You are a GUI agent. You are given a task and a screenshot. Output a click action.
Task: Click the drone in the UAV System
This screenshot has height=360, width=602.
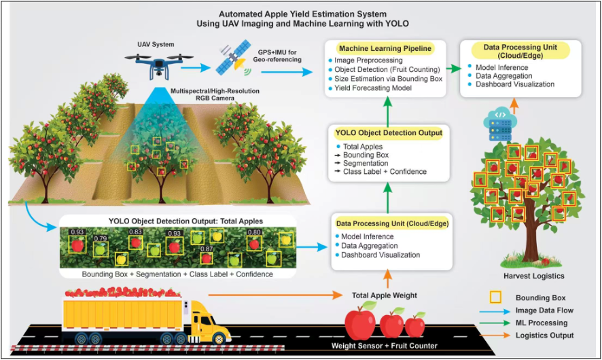coord(158,64)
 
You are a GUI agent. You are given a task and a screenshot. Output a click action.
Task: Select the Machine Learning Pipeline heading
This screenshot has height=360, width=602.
coord(385,49)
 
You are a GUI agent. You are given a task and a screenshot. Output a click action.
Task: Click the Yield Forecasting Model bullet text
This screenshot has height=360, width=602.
coord(373,88)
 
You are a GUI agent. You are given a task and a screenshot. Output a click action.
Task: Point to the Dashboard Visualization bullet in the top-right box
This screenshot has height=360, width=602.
coord(515,84)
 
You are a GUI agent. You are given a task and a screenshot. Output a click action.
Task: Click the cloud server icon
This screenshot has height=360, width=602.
coord(500,124)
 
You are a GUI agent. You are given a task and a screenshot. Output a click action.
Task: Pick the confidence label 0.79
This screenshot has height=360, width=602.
coord(101,238)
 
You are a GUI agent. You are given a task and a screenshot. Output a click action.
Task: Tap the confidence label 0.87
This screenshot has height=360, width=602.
coord(207,249)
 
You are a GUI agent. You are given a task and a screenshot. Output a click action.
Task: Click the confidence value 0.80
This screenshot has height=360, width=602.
coord(254,232)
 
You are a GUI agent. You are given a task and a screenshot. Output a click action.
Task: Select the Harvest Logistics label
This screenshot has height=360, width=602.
coord(533,276)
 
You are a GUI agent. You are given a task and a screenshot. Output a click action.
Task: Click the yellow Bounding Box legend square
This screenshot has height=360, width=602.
coord(495,297)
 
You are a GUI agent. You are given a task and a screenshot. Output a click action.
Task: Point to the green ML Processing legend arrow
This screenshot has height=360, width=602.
coord(495,323)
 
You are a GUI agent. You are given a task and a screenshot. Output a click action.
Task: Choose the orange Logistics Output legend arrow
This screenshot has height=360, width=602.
coord(495,336)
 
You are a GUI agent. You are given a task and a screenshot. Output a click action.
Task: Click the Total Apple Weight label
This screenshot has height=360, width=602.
coord(385,295)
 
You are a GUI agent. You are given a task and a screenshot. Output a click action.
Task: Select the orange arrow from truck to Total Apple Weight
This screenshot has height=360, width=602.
coord(275,295)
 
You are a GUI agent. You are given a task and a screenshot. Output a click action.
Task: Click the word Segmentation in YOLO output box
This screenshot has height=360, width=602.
coord(365,164)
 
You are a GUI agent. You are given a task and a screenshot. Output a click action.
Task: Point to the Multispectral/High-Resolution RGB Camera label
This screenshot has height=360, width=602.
coord(215,94)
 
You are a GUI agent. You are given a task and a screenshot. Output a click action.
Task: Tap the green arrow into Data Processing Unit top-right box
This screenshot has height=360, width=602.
coord(454,69)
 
